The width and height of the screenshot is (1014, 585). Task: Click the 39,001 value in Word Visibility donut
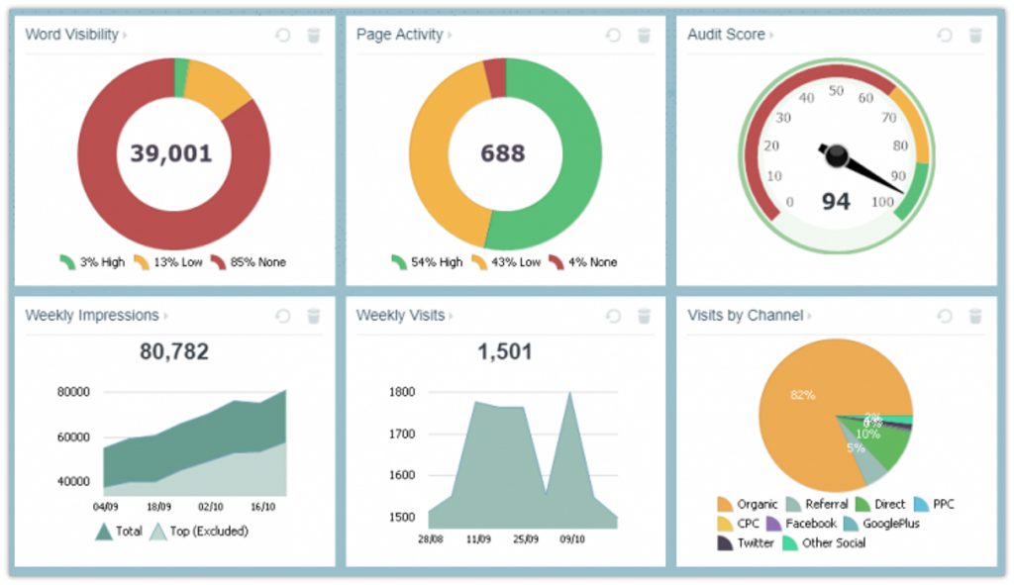point(171,153)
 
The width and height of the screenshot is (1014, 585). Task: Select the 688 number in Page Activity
point(503,153)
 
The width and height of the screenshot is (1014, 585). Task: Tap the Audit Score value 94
point(836,202)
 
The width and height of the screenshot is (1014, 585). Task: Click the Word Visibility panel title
point(71,35)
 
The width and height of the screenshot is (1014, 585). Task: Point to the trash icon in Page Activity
point(644,36)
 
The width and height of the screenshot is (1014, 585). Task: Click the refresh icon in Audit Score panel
point(945,36)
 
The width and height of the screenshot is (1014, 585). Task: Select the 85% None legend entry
point(250,262)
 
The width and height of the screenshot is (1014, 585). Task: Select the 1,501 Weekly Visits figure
point(504,351)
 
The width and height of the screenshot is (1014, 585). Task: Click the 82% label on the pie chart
point(802,395)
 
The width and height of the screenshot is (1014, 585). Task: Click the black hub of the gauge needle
point(838,154)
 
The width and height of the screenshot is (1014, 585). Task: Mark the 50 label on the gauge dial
point(835,91)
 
